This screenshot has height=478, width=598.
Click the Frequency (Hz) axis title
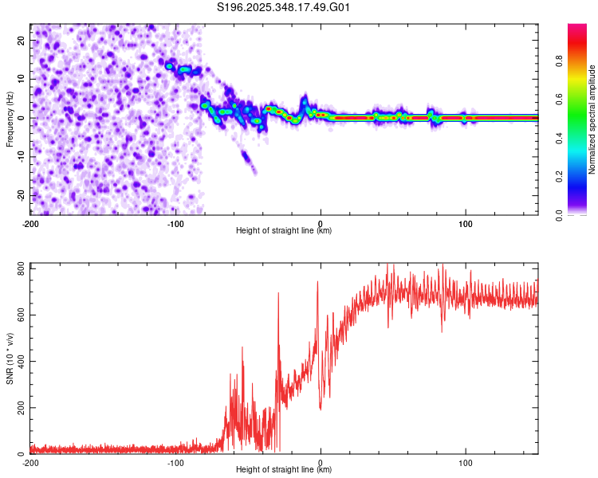click(10, 119)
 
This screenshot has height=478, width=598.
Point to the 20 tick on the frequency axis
click(22, 40)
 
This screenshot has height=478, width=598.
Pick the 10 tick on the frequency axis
click(22, 79)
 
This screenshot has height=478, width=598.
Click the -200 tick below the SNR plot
click(30, 463)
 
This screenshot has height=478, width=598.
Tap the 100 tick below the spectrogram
click(466, 224)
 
